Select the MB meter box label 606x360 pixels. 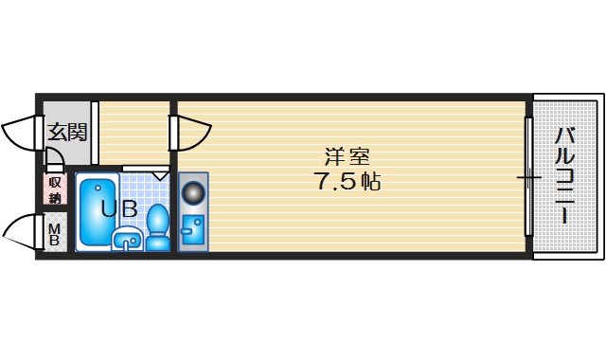pyautogui.click(x=54, y=233)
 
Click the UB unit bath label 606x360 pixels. pyautogui.click(x=118, y=209)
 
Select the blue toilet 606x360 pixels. pyautogui.click(x=157, y=228)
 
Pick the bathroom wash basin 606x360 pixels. pyautogui.click(x=126, y=241)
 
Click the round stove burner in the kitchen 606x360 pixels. pyautogui.click(x=193, y=193)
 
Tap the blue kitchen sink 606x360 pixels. pyautogui.click(x=192, y=231)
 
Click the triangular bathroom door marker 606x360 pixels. pyautogui.click(x=159, y=174)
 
